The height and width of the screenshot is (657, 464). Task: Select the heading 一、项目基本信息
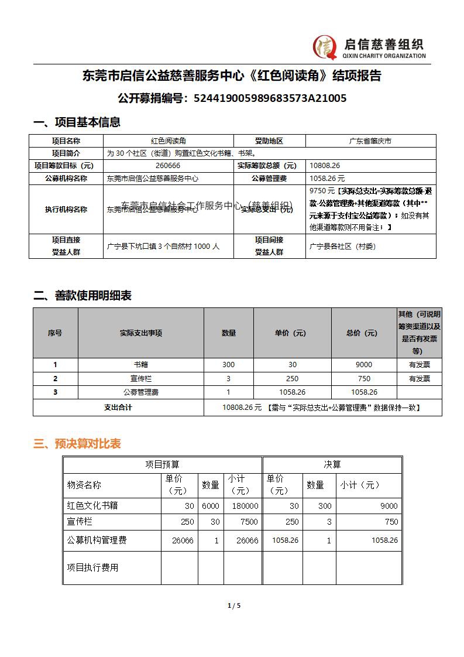click(77, 122)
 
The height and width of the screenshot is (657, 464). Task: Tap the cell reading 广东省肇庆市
click(370, 141)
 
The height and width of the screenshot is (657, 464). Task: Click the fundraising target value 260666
click(168, 166)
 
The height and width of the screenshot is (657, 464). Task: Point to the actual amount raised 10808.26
click(325, 166)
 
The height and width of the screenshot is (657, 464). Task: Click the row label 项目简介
click(66, 153)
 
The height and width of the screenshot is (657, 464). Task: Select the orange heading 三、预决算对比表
click(77, 444)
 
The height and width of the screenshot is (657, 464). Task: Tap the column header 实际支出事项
click(140, 333)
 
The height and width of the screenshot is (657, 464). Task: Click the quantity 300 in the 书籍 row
click(228, 365)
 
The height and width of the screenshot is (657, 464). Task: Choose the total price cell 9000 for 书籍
click(363, 365)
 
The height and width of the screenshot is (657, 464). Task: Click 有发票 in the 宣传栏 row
click(419, 379)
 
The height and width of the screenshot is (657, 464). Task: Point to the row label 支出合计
click(118, 408)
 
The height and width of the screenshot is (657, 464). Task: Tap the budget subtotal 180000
click(243, 506)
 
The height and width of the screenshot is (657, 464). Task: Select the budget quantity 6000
click(211, 506)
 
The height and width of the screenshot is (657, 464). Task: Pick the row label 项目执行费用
click(92, 567)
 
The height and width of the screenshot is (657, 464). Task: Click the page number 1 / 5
click(234, 605)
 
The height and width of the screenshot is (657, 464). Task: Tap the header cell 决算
click(332, 464)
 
